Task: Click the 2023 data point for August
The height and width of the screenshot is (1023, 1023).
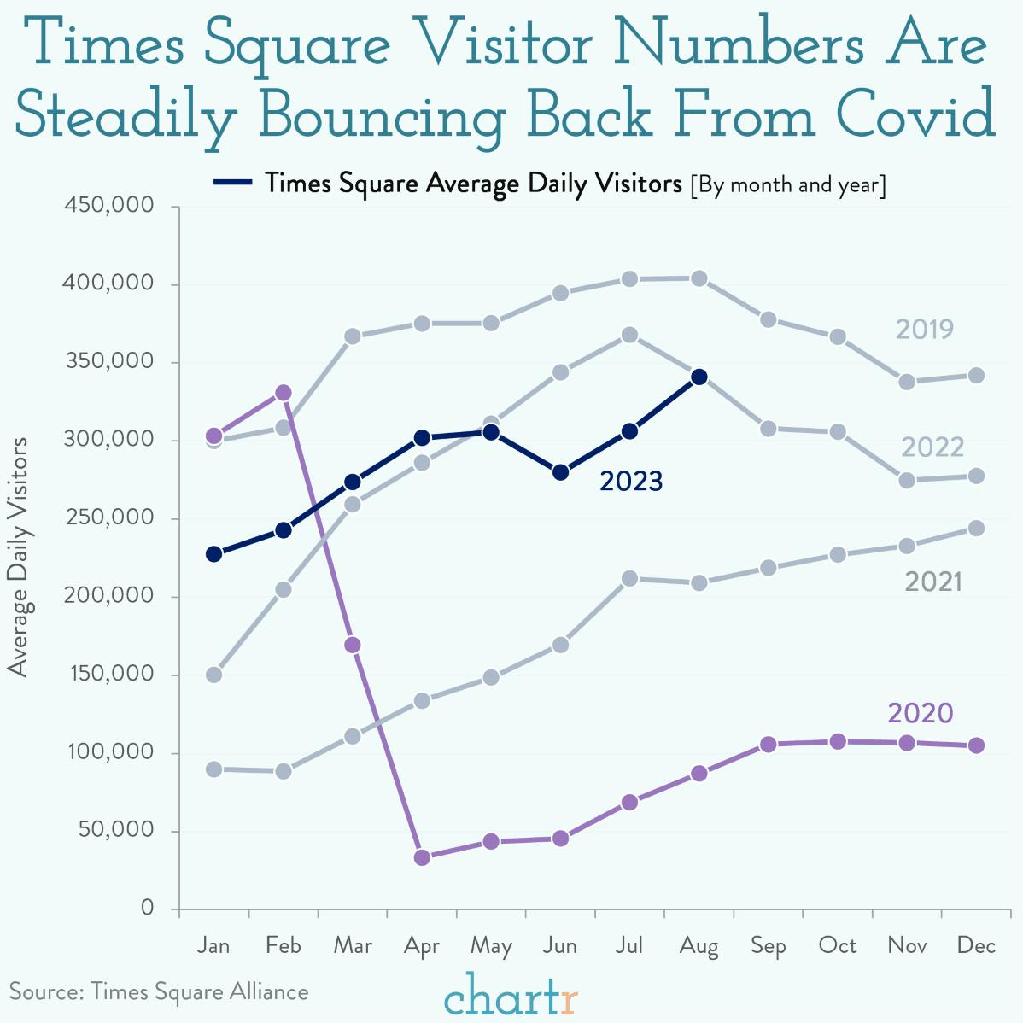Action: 699,377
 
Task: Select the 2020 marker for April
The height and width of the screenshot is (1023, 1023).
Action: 422,857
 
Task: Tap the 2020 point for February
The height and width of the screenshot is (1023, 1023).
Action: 284,393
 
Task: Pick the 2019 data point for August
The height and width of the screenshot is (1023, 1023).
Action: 699,278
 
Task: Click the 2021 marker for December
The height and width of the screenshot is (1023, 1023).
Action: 976,529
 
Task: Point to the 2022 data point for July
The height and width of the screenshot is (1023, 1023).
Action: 629,335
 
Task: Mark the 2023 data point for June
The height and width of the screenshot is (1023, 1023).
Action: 560,472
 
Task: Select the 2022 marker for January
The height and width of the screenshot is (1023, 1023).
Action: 214,675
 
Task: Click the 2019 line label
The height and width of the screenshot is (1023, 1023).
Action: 924,330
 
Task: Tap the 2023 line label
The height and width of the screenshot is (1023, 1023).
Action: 631,482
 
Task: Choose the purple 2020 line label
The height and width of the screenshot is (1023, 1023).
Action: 920,713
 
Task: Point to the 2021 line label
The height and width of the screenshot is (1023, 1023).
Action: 933,582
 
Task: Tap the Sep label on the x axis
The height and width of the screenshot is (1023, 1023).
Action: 768,946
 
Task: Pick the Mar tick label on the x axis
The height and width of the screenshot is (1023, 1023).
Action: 353,946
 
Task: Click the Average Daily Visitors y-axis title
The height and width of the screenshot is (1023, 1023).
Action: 19,557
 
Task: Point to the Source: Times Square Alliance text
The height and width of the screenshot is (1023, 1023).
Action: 159,991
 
